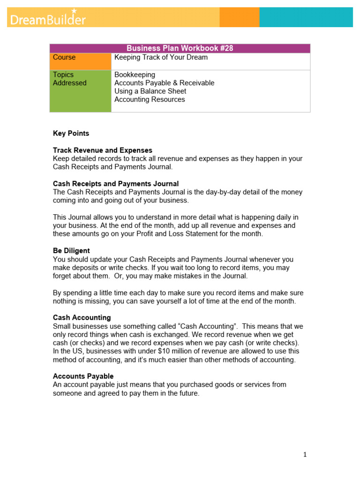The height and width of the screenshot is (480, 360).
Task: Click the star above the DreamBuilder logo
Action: [74, 10]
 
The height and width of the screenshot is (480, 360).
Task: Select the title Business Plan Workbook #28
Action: [180, 48]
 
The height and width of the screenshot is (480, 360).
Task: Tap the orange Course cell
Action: [80, 61]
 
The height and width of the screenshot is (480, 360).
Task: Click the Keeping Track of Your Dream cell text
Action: [161, 58]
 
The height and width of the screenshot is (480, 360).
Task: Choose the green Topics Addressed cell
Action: [80, 91]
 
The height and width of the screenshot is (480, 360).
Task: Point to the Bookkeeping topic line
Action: [135, 75]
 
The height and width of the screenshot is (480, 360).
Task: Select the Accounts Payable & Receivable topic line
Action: [164, 83]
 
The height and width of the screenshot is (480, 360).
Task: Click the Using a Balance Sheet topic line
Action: [150, 91]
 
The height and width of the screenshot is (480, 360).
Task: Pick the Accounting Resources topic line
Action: [150, 99]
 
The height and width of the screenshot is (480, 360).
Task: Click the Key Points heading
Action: [71, 134]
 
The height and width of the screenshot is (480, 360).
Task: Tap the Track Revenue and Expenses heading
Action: [102, 150]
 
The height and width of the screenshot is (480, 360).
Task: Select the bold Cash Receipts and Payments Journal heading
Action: [115, 184]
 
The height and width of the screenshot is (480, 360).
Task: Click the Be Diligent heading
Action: [71, 251]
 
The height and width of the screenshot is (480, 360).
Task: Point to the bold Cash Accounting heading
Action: [82, 318]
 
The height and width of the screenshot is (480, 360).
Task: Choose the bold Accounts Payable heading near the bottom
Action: [83, 376]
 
